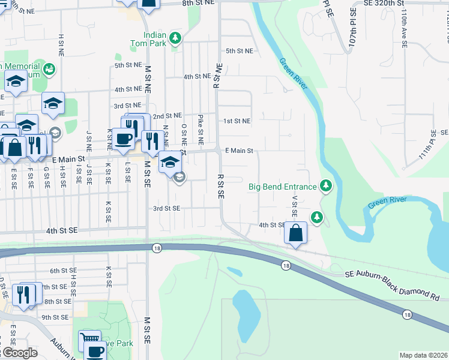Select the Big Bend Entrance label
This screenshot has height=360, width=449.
pyautogui.click(x=282, y=187)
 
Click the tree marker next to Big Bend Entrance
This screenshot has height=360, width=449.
pyautogui.click(x=326, y=186)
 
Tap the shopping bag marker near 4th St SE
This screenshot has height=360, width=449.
pyautogui.click(x=295, y=233)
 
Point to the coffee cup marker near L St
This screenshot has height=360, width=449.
pyautogui.click(x=124, y=139)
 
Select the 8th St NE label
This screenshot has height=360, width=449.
pyautogui.click(x=198, y=4)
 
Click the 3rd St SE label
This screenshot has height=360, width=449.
pyautogui.click(x=166, y=208)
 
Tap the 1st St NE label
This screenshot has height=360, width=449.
pyautogui.click(x=237, y=121)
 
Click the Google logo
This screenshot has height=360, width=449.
pyautogui.click(x=20, y=353)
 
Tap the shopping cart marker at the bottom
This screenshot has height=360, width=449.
pyautogui.click(x=90, y=340)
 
